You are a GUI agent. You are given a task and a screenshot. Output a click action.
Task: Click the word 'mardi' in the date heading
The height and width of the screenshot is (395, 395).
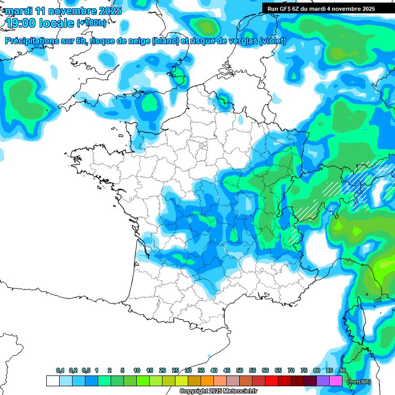click(x=18, y=10)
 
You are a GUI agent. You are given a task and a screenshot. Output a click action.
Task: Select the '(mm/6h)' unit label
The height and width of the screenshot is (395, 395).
click(x=359, y=381)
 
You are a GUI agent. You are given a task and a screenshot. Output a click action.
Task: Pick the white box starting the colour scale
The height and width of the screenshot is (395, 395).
click(x=53, y=381)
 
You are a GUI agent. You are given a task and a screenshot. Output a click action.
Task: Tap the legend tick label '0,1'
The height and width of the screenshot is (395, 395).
click(x=60, y=370)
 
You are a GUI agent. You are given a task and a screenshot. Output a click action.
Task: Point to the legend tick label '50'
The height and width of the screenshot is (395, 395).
click(x=240, y=370)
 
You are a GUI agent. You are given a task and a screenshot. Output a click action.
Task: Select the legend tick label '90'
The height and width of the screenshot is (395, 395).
click(x=343, y=370)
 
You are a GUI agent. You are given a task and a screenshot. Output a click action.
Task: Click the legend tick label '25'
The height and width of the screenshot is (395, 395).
click(x=175, y=370)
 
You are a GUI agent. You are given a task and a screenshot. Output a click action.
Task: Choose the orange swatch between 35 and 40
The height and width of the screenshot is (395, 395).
click(x=207, y=381)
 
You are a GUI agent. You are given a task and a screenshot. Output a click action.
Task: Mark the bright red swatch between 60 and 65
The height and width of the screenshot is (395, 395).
click(x=272, y=381)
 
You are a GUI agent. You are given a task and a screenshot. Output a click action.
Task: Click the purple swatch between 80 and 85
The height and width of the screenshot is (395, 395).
click(x=323, y=381)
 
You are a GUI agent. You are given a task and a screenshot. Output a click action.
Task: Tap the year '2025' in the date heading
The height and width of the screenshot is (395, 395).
click(x=110, y=10)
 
